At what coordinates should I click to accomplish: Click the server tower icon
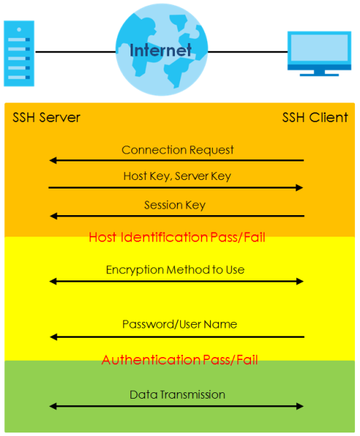(x=19, y=53)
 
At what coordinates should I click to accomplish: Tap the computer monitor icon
(x=319, y=53)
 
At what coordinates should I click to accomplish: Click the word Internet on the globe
(x=161, y=50)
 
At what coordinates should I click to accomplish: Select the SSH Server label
(x=47, y=118)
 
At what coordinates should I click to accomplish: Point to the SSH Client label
(x=315, y=118)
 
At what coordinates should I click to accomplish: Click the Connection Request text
(x=178, y=150)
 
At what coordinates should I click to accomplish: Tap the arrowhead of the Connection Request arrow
(x=53, y=161)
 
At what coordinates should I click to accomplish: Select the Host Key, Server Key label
(x=177, y=176)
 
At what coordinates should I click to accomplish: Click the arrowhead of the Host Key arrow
(x=299, y=188)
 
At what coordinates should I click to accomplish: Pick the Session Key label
(x=175, y=205)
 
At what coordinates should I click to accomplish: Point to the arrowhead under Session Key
(x=53, y=216)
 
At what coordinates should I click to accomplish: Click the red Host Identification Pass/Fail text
(x=177, y=237)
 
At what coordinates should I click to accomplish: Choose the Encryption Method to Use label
(x=175, y=270)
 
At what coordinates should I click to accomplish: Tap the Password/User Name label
(x=179, y=325)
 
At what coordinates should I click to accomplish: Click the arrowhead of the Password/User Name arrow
(x=53, y=337)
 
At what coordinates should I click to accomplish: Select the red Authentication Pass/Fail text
(x=179, y=360)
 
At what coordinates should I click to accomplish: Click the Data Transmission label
(x=177, y=395)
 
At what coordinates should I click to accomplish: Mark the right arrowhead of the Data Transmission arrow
(x=300, y=407)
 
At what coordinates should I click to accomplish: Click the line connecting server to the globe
(x=75, y=52)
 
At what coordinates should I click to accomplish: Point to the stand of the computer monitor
(x=319, y=73)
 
